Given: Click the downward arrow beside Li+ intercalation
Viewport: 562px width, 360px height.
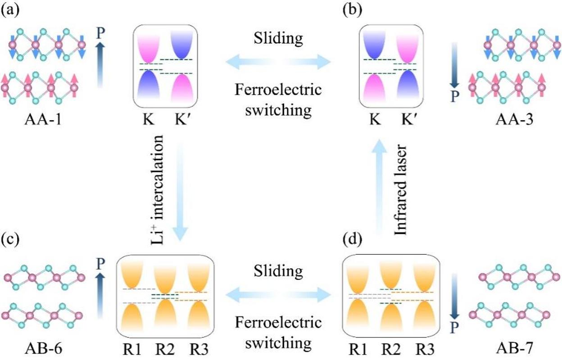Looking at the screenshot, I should [x=180, y=193].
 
